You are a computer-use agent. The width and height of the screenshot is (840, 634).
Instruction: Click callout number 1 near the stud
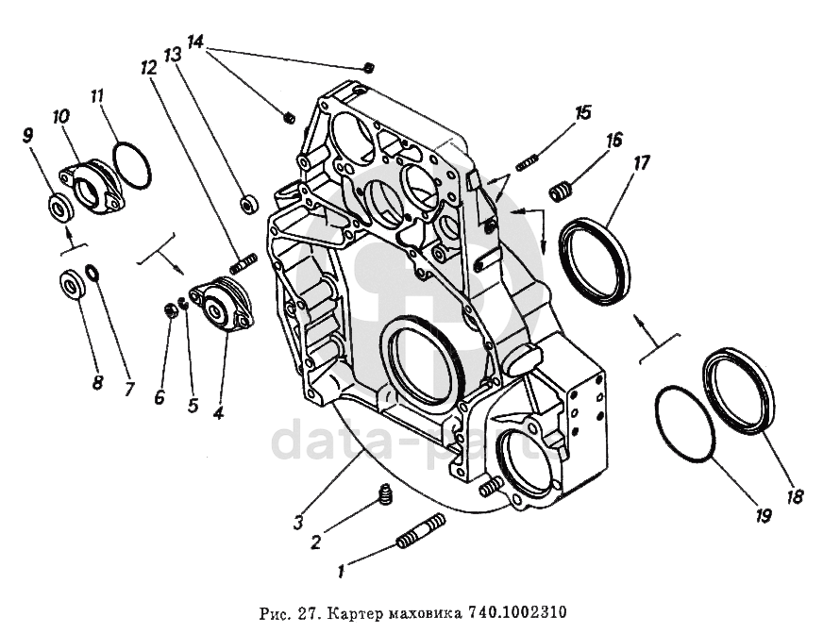point(343,571)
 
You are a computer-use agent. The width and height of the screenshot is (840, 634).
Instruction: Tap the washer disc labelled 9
point(57,205)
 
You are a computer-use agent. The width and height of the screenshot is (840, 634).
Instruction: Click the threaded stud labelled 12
point(244,263)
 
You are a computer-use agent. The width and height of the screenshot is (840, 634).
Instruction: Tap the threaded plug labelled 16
point(563,192)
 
